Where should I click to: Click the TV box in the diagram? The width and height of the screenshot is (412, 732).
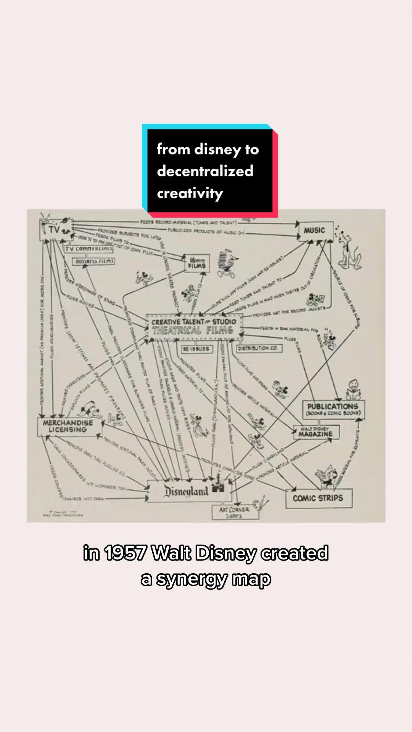[55, 230]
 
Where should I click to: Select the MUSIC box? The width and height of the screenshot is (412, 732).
[315, 231]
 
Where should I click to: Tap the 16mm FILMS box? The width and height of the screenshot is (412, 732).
[197, 263]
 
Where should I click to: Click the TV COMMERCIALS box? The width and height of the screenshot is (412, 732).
[89, 249]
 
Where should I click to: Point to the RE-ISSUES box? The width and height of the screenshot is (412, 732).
[196, 349]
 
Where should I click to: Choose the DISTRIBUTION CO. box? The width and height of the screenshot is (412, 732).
[258, 348]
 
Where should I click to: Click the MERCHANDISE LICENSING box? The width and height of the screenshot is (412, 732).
[68, 426]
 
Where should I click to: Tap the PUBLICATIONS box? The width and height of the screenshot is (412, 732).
[333, 409]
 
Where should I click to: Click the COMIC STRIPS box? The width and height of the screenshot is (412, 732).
[318, 498]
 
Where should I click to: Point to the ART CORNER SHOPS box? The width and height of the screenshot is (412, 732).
[235, 513]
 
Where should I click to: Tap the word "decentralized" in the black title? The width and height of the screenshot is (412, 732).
[205, 171]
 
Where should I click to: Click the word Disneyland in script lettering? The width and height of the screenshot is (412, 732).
[186, 491]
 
